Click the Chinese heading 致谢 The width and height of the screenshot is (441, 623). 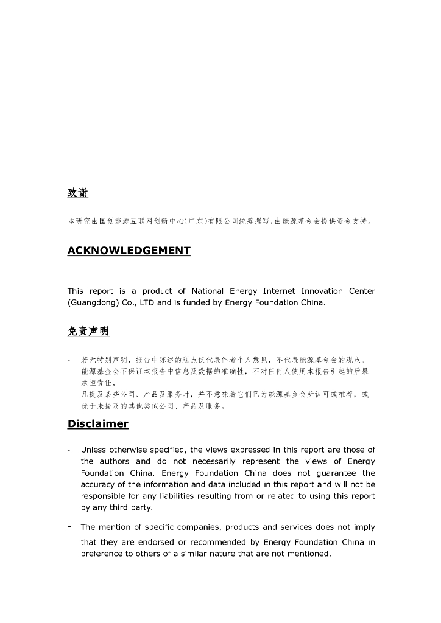coord(78,193)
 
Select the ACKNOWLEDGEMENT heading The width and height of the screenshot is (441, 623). coord(129,251)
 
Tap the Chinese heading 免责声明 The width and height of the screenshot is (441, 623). coord(88,332)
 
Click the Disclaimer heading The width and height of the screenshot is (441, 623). coord(97,423)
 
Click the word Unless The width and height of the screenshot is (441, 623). coord(94,450)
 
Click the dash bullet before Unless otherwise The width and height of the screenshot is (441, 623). coord(69,450)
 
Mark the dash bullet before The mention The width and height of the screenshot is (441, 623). coord(69,527)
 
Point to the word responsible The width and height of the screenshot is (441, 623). coord(104,496)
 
